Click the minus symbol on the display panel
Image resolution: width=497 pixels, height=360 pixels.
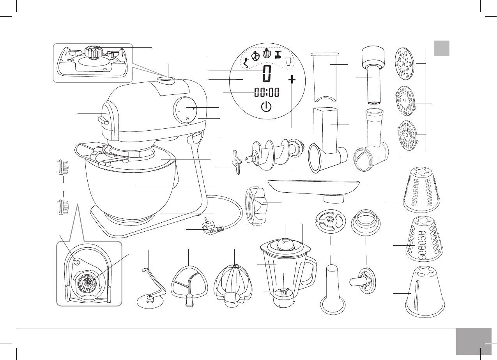239,79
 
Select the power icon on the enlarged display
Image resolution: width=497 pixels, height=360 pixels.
266,108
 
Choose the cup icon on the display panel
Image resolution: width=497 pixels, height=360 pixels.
288,61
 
